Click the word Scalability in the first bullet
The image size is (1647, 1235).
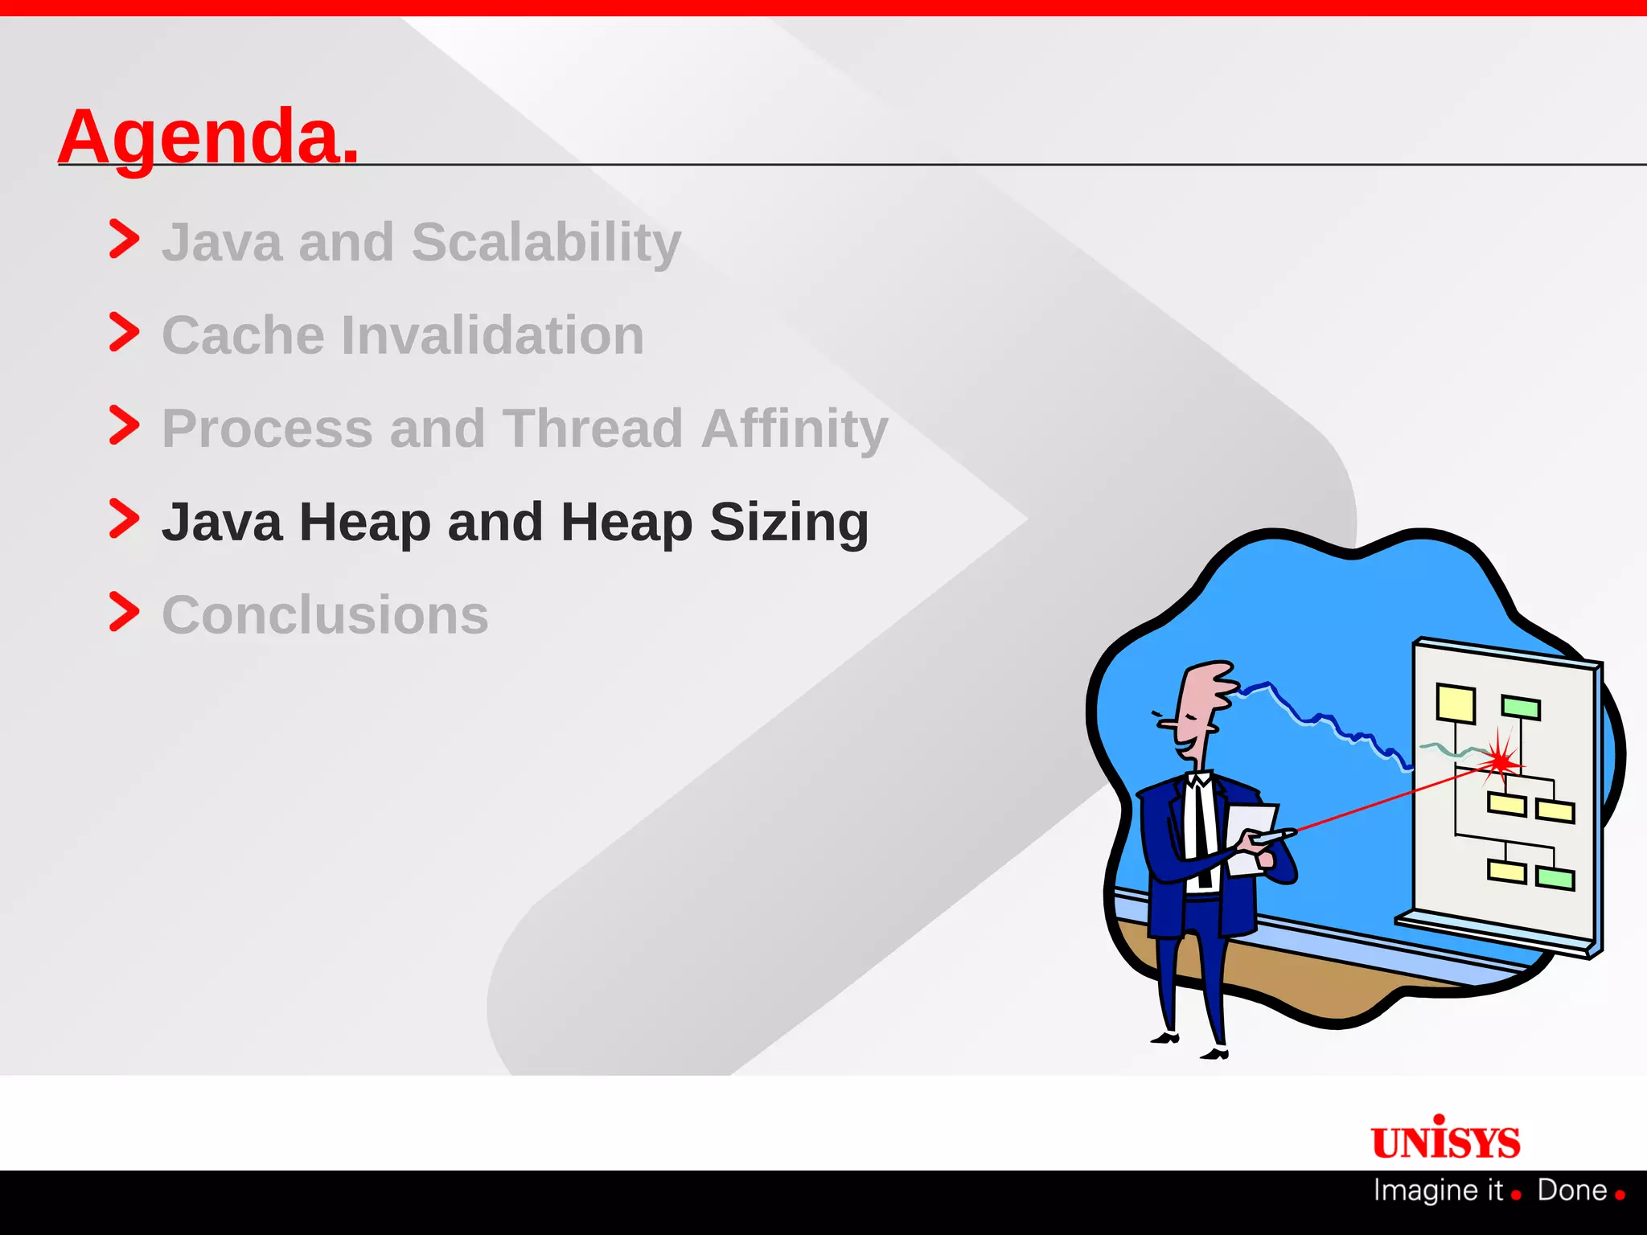[x=546, y=242]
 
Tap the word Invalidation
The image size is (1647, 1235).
[x=492, y=335]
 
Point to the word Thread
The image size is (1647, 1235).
[x=593, y=429]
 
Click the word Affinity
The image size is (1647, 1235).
[x=795, y=429]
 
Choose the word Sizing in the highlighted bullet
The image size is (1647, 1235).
[x=788, y=523]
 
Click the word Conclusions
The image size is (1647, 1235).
[x=325, y=616]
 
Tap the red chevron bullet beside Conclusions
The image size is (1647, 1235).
[x=124, y=612]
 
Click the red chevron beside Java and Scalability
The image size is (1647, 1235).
[x=124, y=239]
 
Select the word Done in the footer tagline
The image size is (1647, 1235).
[x=1571, y=1190]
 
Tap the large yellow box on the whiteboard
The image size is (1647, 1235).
[x=1456, y=704]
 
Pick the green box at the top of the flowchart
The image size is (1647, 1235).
[x=1520, y=708]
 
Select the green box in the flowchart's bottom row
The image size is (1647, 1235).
[x=1555, y=877]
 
